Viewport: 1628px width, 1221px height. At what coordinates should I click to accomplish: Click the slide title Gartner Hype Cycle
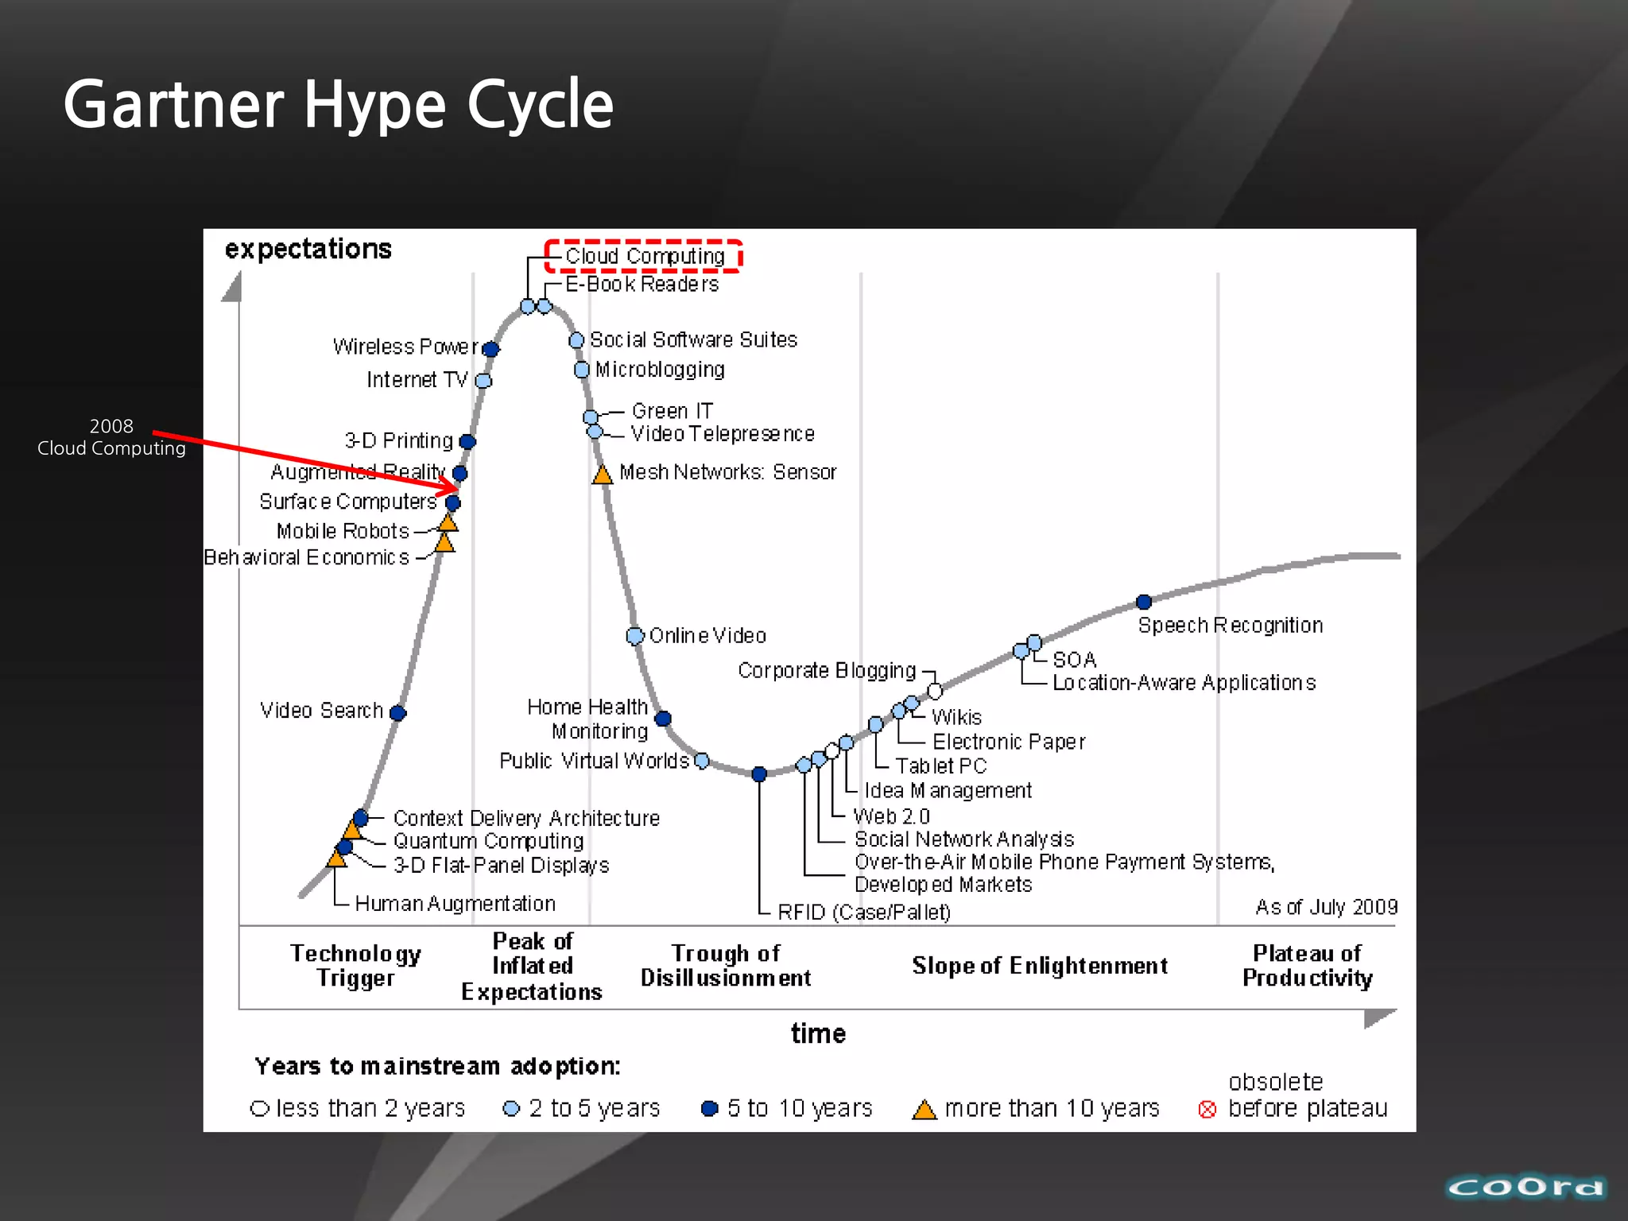(x=338, y=105)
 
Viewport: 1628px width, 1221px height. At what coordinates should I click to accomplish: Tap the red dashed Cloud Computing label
(x=644, y=256)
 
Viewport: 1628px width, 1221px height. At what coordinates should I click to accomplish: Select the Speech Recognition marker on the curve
(x=1144, y=602)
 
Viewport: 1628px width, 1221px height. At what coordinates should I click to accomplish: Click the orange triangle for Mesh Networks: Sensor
(x=603, y=475)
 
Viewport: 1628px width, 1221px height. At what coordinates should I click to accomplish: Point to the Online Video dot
(x=634, y=636)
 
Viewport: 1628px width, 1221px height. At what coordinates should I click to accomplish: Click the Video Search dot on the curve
(x=398, y=713)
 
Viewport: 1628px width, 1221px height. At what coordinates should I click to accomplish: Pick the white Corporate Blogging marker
(x=935, y=691)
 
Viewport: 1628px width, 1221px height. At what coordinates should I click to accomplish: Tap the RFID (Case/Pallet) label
(x=863, y=912)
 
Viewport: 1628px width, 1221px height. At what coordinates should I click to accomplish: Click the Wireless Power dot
(x=491, y=349)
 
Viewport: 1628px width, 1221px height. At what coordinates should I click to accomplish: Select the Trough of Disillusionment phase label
(x=726, y=965)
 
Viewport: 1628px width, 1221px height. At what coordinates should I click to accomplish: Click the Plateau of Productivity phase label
(x=1307, y=965)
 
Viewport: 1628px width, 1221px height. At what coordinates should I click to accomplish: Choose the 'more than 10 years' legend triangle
(x=924, y=1110)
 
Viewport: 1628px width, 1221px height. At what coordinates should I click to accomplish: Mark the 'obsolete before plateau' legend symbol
(x=1207, y=1110)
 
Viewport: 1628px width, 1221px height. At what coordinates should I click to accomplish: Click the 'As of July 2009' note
(x=1326, y=907)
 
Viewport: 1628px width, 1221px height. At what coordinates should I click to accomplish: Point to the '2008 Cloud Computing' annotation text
(x=111, y=437)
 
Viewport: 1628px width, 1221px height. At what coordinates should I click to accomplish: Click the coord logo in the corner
(x=1525, y=1188)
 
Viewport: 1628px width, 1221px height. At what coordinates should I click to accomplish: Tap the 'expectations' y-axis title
(x=308, y=249)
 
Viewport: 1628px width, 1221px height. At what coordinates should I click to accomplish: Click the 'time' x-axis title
(x=818, y=1033)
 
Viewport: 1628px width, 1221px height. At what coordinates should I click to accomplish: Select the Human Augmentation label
(x=455, y=904)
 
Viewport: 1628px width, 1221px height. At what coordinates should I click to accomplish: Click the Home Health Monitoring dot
(x=663, y=719)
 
